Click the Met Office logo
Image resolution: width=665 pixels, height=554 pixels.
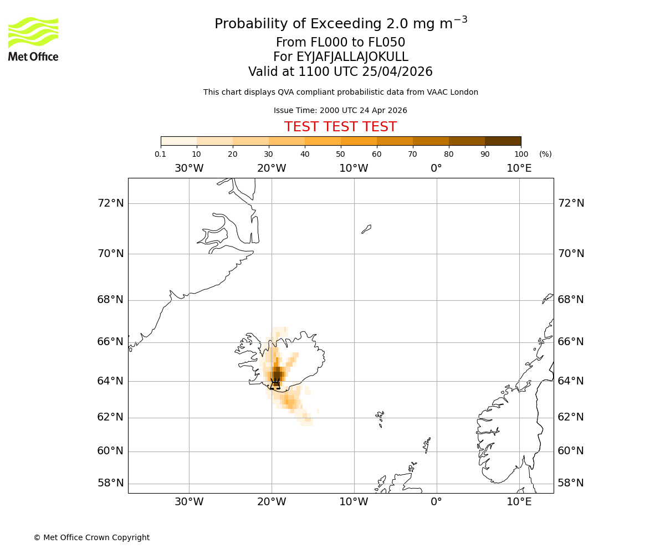(33, 39)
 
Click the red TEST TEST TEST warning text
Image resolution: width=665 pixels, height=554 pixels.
(340, 127)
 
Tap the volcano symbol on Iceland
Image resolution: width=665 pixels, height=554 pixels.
(275, 383)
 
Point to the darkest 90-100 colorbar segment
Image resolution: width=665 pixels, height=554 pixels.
(503, 141)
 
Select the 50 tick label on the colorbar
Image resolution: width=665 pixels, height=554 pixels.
(340, 154)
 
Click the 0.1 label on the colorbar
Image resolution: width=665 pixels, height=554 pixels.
(160, 154)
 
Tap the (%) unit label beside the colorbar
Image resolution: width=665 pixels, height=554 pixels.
(545, 154)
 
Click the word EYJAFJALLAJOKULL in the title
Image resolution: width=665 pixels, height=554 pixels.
(352, 57)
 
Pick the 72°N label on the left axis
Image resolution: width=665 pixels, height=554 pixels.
(111, 203)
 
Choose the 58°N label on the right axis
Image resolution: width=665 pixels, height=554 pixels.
(571, 483)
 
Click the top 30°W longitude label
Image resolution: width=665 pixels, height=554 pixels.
(189, 168)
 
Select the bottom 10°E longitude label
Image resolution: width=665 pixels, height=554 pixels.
(519, 502)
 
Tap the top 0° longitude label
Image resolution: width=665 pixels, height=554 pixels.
(437, 168)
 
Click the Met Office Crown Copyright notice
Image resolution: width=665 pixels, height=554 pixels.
(91, 537)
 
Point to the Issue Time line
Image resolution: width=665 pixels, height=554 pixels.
(340, 110)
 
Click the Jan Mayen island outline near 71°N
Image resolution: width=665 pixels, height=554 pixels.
(366, 229)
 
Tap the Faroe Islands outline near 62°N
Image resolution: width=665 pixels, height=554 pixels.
(380, 417)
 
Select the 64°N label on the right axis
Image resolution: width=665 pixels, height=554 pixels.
(571, 381)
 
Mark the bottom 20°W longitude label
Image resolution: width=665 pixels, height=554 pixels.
(272, 502)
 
